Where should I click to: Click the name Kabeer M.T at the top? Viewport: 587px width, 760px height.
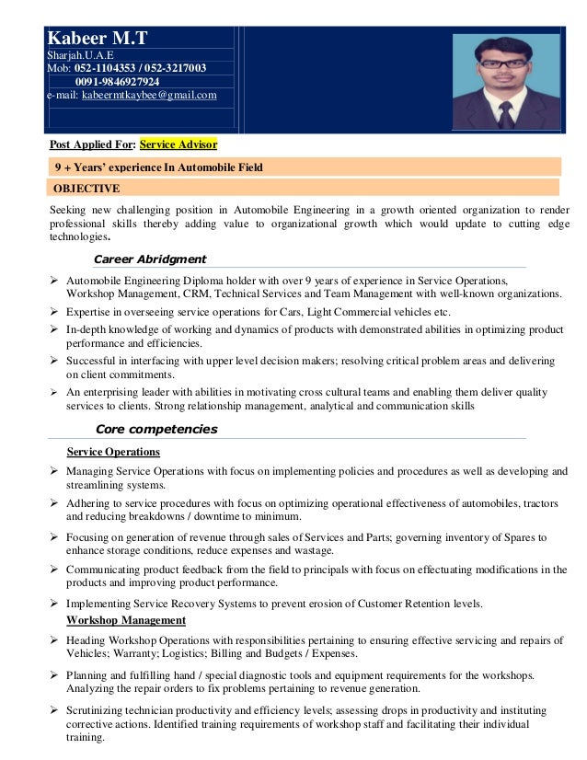pyautogui.click(x=97, y=40)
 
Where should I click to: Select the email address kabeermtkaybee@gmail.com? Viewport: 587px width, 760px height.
pyautogui.click(x=149, y=95)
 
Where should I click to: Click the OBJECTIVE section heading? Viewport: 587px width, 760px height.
pyautogui.click(x=86, y=189)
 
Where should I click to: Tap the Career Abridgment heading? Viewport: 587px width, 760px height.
pyautogui.click(x=150, y=259)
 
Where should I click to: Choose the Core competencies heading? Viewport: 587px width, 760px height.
pyautogui.click(x=156, y=429)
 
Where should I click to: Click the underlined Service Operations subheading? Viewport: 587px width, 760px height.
pyautogui.click(x=114, y=452)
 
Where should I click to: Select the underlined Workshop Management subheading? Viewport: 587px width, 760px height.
pyautogui.click(x=126, y=620)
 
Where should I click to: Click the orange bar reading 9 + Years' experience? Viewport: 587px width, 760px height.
pyautogui.click(x=158, y=167)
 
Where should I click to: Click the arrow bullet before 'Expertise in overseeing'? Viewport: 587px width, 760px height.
pyautogui.click(x=54, y=313)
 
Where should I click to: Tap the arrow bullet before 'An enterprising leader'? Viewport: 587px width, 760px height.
pyautogui.click(x=54, y=392)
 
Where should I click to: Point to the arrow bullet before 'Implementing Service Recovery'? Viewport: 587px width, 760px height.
pyautogui.click(x=54, y=604)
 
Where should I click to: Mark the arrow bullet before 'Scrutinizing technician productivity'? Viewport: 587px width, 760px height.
pyautogui.click(x=54, y=710)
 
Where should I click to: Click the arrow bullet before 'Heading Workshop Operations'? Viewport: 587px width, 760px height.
pyautogui.click(x=54, y=640)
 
